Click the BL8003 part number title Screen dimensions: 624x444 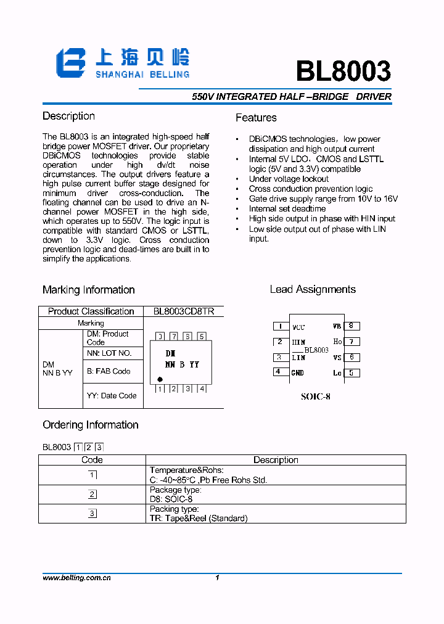pos(343,72)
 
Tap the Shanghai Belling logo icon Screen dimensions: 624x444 pos(71,64)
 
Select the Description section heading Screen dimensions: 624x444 pos(68,116)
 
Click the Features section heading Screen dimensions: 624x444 pos(256,118)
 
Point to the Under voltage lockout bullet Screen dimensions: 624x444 pos(289,179)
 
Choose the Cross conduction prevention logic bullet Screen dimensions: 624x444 pos(310,189)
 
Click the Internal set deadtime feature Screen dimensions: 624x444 pos(287,208)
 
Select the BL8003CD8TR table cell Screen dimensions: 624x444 pos(183,311)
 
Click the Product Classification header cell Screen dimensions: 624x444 pos(91,311)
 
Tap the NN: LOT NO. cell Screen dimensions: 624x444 pos(109,353)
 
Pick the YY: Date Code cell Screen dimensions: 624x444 pos(112,395)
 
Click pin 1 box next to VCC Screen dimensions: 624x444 pos(281,326)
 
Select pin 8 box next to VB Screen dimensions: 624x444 pos(351,326)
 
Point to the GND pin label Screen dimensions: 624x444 pos(298,372)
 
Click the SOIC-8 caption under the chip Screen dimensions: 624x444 pos(316,396)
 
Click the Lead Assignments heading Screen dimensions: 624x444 pos(313,289)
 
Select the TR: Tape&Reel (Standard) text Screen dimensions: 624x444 pos(199,518)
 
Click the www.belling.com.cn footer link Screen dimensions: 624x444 pos(76,578)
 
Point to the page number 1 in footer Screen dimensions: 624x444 pos(217,578)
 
